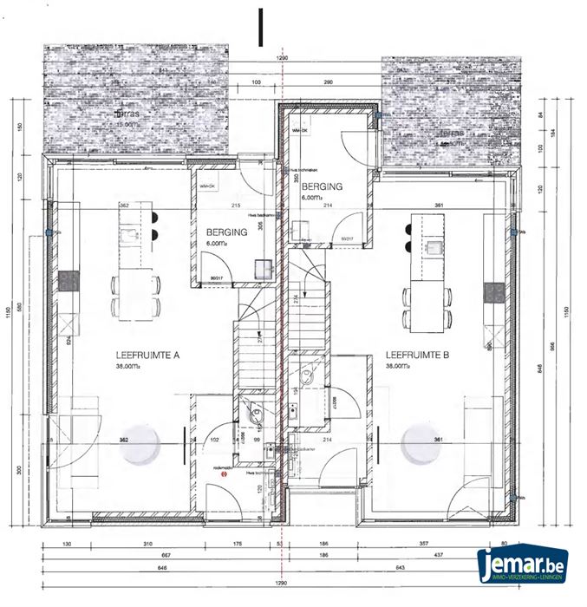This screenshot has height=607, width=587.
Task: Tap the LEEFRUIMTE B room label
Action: pyautogui.click(x=417, y=355)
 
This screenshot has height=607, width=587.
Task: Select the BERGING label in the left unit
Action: pyautogui.click(x=227, y=232)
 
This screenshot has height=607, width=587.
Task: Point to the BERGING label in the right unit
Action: pyautogui.click(x=322, y=186)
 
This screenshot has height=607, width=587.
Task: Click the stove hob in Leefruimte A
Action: pyautogui.click(x=68, y=281)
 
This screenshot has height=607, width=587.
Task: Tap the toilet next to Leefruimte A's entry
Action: pyautogui.click(x=254, y=414)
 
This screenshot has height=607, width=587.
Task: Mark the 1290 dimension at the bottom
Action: pyautogui.click(x=282, y=583)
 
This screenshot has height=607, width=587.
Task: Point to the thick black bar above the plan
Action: pyautogui.click(x=259, y=26)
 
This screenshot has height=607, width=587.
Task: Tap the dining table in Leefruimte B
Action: pyautogui.click(x=424, y=301)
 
